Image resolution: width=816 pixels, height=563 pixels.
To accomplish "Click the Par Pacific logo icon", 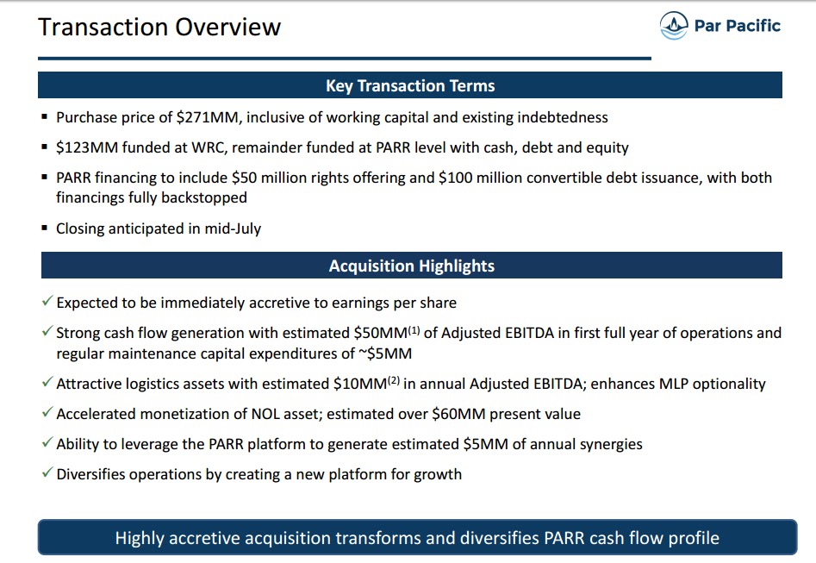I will tap(675, 25).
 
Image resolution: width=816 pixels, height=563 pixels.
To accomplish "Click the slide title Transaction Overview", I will tap(159, 27).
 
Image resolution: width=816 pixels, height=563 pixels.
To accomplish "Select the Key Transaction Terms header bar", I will tap(410, 85).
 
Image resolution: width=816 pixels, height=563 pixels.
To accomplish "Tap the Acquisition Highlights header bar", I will tap(411, 266).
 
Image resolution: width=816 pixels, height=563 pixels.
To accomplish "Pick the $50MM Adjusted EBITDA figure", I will tap(380, 333).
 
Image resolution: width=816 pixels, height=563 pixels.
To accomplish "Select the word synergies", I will tap(610, 444).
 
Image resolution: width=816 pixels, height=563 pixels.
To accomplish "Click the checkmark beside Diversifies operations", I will tap(47, 473).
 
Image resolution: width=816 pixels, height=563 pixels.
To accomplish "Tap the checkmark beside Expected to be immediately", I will tap(47, 303).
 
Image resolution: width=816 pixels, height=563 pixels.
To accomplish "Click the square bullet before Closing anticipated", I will tap(45, 228).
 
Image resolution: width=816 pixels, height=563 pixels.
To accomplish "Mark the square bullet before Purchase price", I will tap(45, 117).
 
